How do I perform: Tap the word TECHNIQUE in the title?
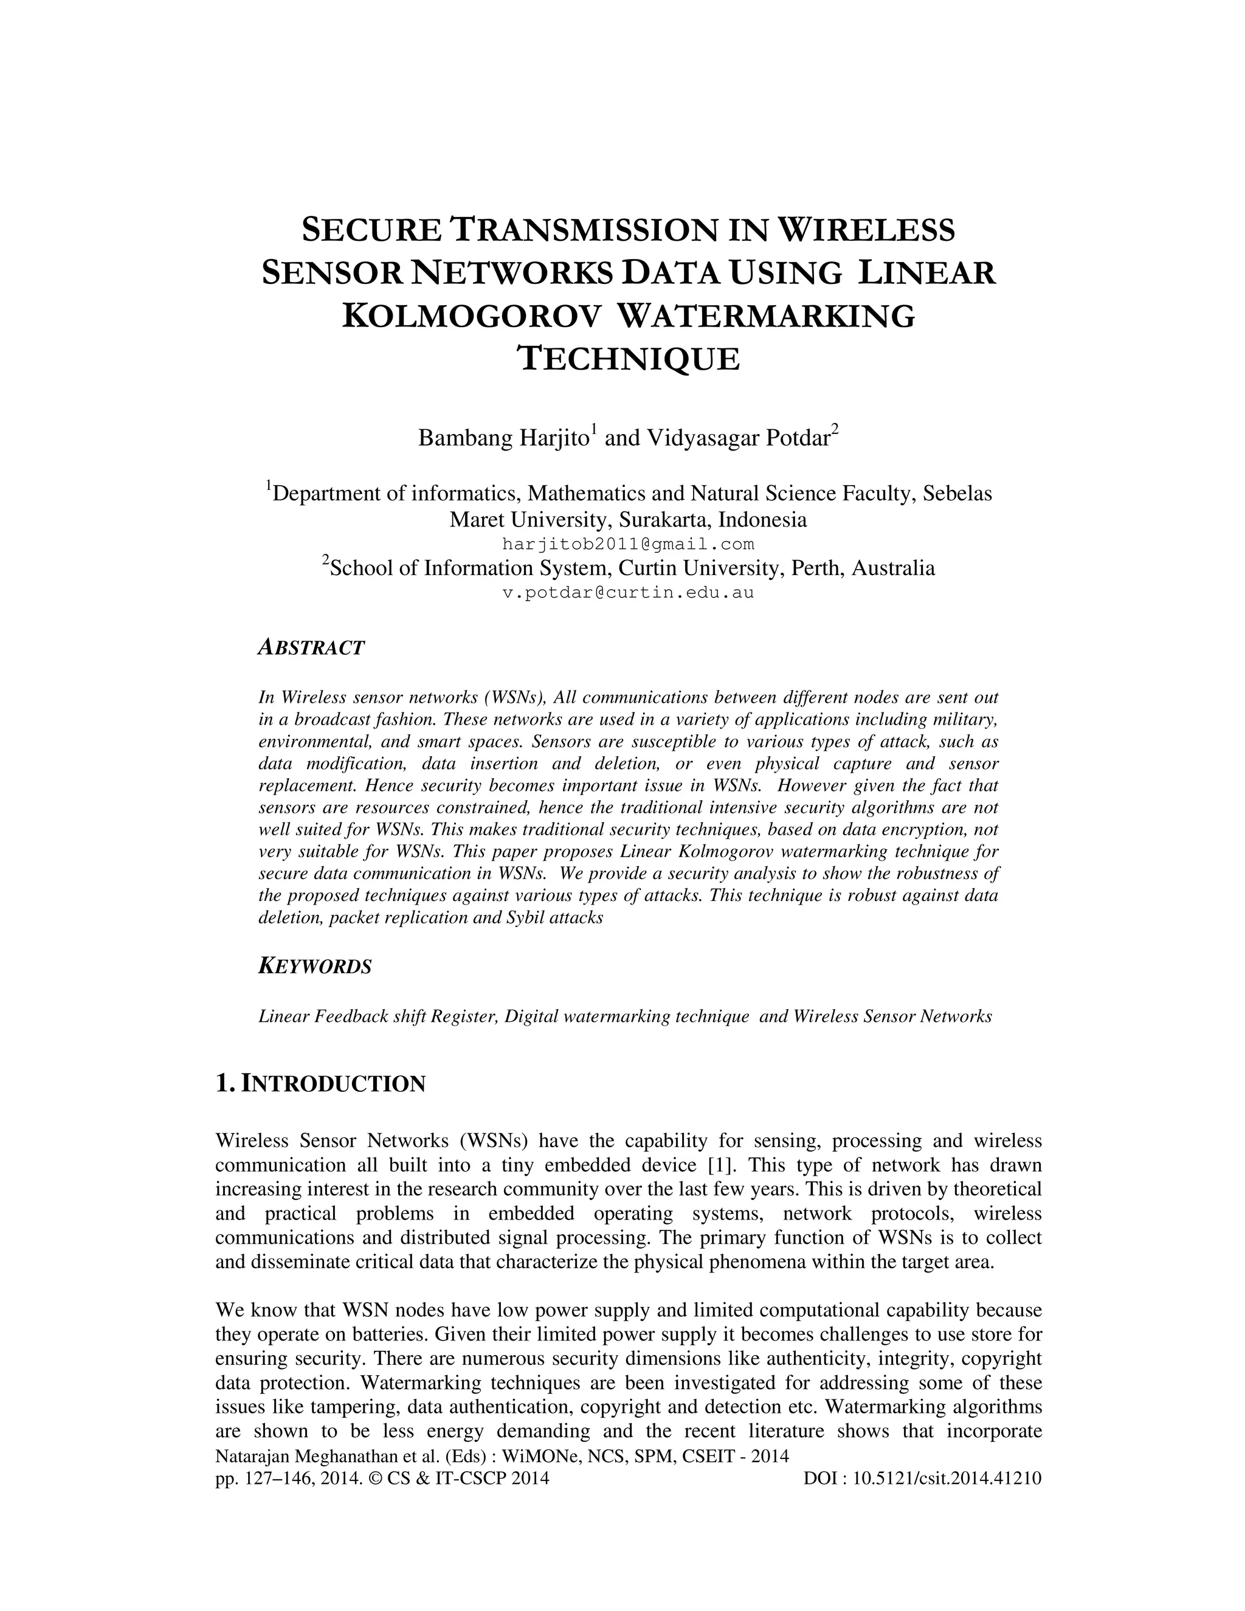629,360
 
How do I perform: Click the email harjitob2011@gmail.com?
629,544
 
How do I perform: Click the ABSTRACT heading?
311,649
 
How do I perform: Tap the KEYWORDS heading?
315,967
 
